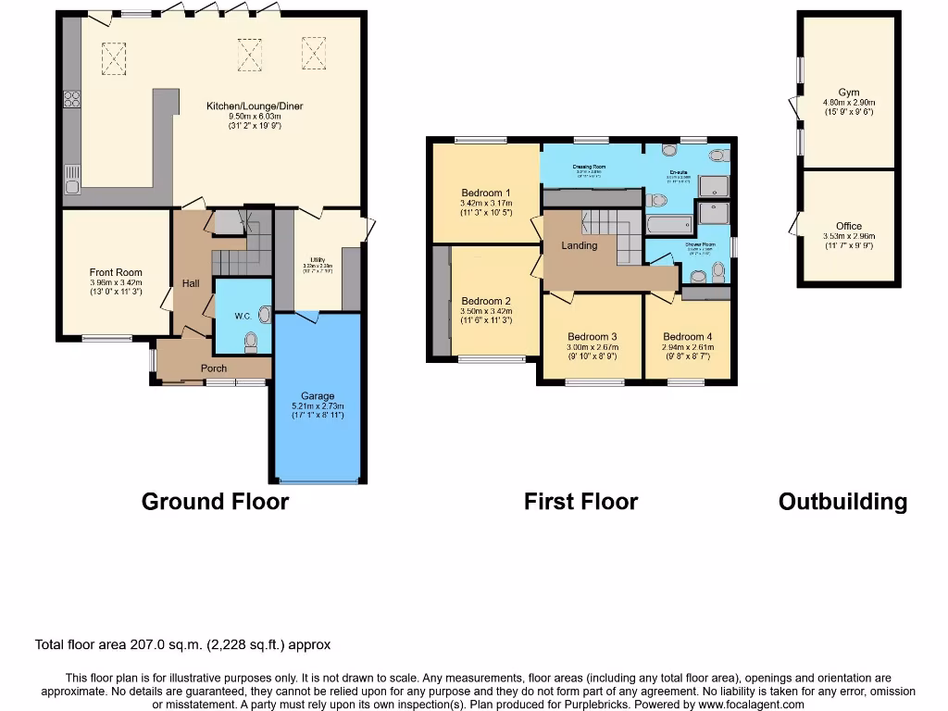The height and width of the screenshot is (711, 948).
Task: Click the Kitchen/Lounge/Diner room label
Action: (255, 106)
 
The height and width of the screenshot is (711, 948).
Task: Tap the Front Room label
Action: (116, 273)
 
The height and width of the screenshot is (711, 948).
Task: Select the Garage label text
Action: (318, 396)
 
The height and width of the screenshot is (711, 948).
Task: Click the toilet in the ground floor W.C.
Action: (250, 343)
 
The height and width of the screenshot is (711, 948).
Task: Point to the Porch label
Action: (214, 368)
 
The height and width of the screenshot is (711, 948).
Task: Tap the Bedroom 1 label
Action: (486, 193)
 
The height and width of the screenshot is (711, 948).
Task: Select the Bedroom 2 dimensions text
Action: (486, 316)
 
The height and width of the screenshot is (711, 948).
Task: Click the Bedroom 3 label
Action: (592, 337)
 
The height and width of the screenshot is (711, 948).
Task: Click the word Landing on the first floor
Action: (580, 245)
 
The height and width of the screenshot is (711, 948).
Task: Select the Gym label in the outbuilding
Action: (848, 93)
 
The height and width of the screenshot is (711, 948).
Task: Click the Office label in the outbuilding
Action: (848, 226)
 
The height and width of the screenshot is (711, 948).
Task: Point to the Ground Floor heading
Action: (215, 502)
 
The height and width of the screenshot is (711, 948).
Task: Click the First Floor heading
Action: (580, 502)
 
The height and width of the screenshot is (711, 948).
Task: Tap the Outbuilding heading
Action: (842, 502)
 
